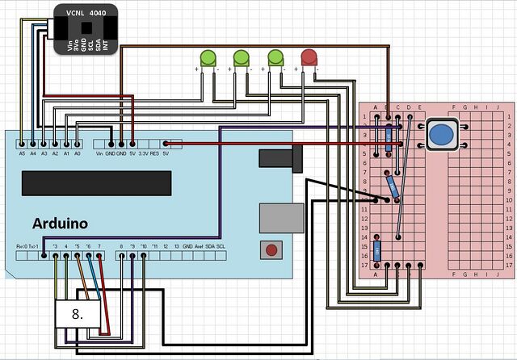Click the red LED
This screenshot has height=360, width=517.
point(309,57)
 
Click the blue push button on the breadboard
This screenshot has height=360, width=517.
point(440,135)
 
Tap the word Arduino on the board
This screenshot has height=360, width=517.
point(60,223)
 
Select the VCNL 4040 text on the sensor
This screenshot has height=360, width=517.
point(85,14)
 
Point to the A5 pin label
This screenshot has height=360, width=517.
point(21,153)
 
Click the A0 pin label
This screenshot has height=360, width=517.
point(78,153)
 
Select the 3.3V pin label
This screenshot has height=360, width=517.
point(142,153)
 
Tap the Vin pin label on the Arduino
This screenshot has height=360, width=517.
point(99,153)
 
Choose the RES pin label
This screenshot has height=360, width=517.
point(154,153)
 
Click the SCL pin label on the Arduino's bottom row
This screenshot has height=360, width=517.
point(221,245)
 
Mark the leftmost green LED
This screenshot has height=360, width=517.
point(207,57)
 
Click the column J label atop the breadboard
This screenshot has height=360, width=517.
point(497,107)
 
